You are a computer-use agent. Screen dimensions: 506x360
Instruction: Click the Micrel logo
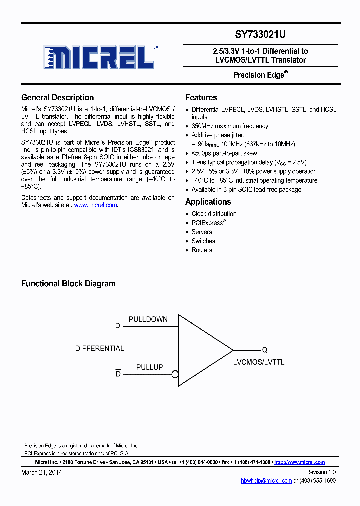coord(99,57)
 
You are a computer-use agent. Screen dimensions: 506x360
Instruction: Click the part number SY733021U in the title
coord(260,35)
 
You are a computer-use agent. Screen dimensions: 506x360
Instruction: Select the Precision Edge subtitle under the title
coord(260,75)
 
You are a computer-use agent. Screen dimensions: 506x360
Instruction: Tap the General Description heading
coord(57,97)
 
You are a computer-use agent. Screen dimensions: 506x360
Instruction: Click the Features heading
coord(201,97)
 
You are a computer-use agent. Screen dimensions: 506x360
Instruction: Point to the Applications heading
coord(208,202)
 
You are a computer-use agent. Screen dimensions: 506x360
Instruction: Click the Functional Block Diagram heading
coord(68,284)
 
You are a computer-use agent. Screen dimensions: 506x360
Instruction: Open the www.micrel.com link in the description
coord(95,205)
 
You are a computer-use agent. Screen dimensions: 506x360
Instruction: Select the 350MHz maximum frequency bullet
coord(230,126)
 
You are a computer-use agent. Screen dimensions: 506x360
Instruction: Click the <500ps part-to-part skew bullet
coord(224,153)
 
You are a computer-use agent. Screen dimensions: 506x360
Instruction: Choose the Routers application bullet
coord(202,250)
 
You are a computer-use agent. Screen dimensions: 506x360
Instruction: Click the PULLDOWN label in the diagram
coord(148,319)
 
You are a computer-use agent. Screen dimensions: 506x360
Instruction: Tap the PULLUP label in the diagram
coord(149,367)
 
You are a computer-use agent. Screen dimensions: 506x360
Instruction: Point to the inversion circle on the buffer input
coord(175,374)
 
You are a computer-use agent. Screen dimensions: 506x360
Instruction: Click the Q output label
coord(265,350)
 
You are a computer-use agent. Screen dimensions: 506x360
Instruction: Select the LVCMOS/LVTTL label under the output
coord(259,362)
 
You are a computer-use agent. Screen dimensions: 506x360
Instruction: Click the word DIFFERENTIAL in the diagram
coord(100,348)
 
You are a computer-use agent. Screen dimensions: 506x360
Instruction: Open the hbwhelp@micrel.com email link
coord(266,481)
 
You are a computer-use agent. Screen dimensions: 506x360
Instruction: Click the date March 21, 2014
coord(42,472)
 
